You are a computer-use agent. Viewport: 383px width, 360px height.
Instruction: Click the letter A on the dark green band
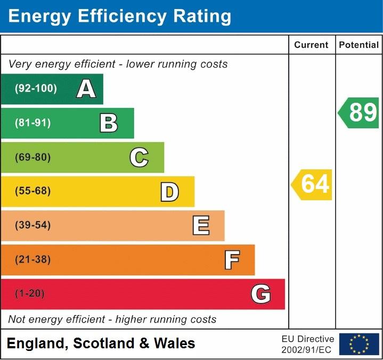(x=86, y=89)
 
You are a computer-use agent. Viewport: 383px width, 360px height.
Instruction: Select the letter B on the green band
(x=109, y=123)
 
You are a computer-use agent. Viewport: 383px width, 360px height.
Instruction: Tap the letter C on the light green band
(x=139, y=158)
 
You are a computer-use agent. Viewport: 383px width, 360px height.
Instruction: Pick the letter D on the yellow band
(x=169, y=192)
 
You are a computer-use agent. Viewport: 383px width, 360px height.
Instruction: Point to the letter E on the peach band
(x=200, y=226)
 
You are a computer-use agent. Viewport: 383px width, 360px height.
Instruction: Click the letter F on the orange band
(x=232, y=260)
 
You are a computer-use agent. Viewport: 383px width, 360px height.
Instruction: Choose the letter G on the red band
(x=261, y=294)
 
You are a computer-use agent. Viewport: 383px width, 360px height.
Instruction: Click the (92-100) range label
(x=36, y=89)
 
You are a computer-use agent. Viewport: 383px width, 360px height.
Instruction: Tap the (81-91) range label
(x=33, y=123)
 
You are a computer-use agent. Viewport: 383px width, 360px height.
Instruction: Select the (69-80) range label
(x=33, y=158)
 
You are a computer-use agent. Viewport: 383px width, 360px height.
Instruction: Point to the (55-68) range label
(x=33, y=191)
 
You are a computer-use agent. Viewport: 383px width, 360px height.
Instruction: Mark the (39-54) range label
(x=33, y=225)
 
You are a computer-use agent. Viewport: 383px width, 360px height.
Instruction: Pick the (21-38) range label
(x=33, y=260)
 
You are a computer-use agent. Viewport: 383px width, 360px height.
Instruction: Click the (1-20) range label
(x=30, y=294)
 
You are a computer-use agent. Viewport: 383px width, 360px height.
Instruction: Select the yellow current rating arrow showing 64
(x=312, y=185)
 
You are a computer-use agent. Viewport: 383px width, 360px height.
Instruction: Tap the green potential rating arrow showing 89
(x=359, y=113)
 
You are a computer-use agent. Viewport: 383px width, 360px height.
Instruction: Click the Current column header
(x=311, y=45)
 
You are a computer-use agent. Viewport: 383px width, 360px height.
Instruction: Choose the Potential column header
(x=359, y=45)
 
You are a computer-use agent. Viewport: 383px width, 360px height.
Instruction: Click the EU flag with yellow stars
(x=359, y=344)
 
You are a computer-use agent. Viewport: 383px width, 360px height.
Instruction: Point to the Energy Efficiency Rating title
(x=120, y=17)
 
